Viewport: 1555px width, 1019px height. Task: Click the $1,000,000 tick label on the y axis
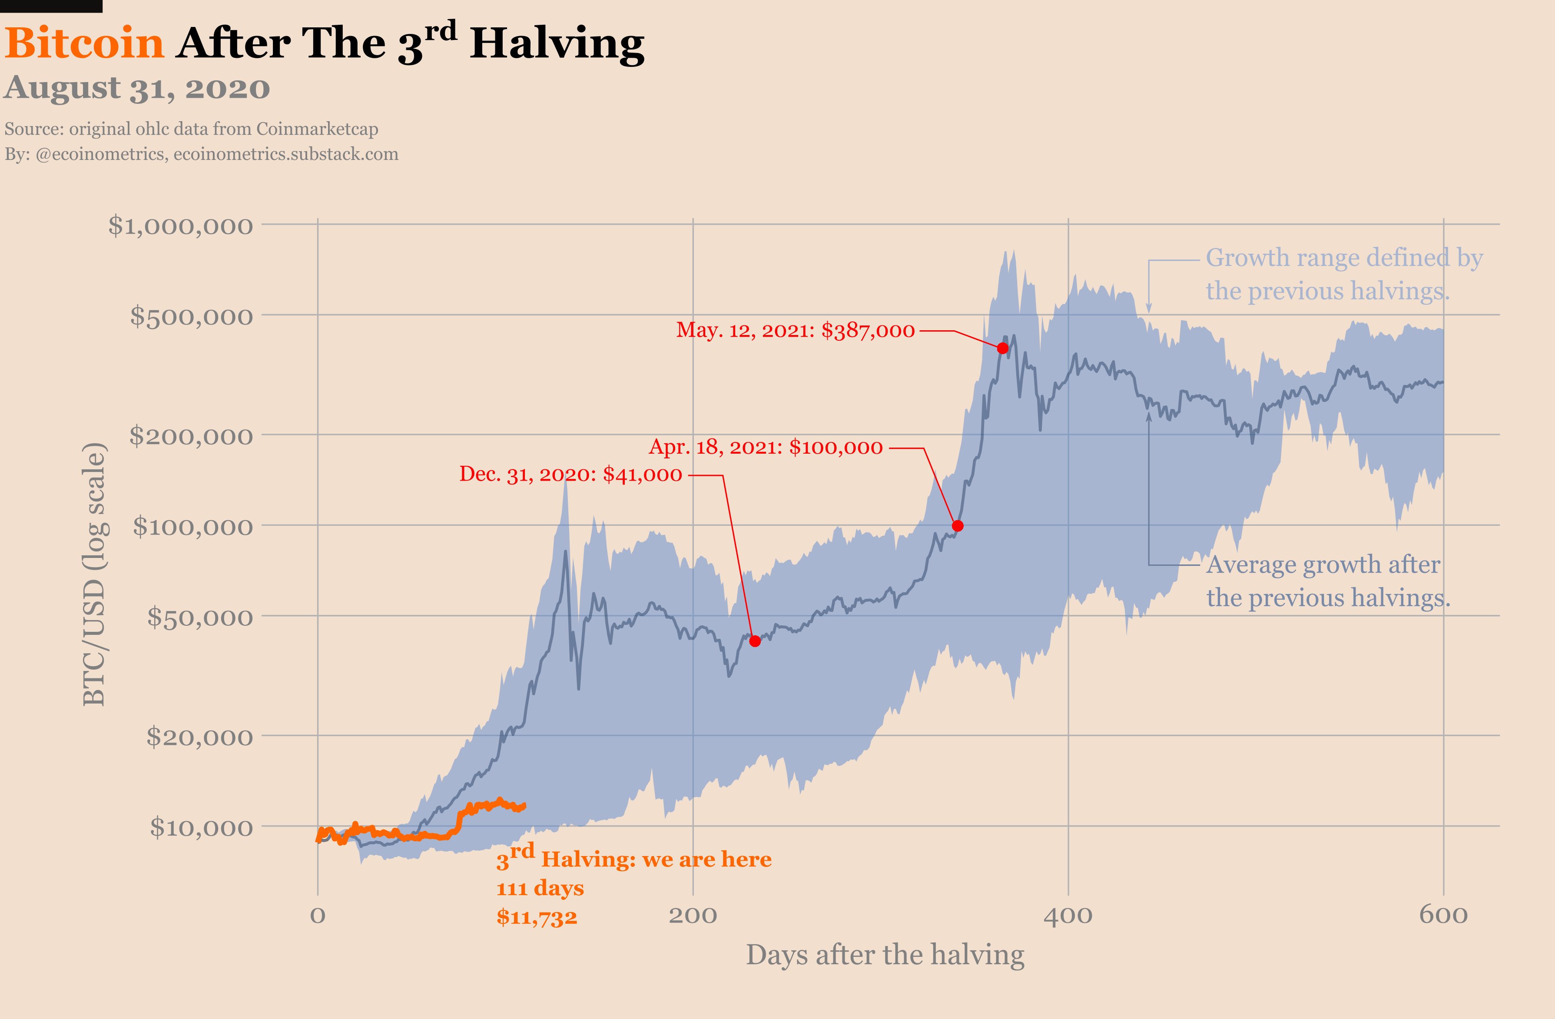tap(180, 226)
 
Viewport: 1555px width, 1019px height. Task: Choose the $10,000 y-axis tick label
tap(201, 827)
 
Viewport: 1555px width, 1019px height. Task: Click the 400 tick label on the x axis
tap(1068, 915)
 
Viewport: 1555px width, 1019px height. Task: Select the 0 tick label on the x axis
tap(318, 915)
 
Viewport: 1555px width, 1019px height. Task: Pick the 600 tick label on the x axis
tap(1442, 915)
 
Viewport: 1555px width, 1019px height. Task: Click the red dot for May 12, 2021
tap(1003, 349)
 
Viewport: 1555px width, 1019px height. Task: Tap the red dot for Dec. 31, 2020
tap(755, 641)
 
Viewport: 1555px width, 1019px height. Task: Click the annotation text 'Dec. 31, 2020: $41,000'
tap(570, 475)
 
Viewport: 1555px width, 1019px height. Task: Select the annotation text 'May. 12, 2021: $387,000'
tap(795, 330)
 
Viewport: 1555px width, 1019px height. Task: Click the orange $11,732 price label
tap(537, 917)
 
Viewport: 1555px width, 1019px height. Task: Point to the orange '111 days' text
tap(540, 888)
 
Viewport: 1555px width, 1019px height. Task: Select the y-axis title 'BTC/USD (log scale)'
tap(94, 574)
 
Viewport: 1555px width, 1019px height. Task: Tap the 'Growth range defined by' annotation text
tap(1344, 258)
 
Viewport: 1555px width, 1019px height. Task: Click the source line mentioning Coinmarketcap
tap(192, 129)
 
